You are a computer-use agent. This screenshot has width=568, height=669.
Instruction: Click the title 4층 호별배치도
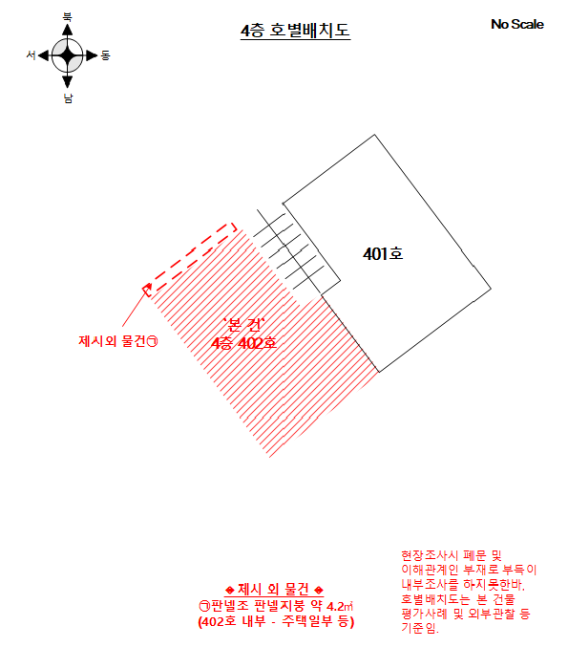(x=295, y=31)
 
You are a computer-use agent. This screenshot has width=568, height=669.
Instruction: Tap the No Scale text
(x=517, y=24)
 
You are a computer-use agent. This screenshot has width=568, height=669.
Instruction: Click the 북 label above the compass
(x=68, y=16)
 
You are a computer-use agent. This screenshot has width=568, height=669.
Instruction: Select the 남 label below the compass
(x=68, y=98)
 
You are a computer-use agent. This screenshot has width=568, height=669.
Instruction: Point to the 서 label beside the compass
(x=32, y=55)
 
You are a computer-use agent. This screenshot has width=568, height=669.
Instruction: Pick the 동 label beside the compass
(x=105, y=55)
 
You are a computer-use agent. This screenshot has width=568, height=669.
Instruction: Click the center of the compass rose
(x=68, y=55)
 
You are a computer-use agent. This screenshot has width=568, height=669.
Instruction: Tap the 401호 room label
(x=383, y=254)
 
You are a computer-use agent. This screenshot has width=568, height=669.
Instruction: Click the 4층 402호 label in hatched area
(x=243, y=343)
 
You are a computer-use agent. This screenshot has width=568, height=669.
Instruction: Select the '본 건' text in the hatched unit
(x=244, y=325)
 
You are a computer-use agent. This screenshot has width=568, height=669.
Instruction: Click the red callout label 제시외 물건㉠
(x=118, y=341)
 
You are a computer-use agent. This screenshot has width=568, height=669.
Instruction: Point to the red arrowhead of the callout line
(x=147, y=288)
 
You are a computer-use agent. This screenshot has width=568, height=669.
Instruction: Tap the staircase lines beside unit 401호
(x=290, y=251)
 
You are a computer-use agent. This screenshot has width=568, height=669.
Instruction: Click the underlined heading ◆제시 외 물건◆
(x=274, y=590)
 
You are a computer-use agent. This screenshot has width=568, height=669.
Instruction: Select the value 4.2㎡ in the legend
(x=340, y=606)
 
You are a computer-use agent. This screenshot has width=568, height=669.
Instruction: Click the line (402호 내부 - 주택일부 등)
(x=276, y=621)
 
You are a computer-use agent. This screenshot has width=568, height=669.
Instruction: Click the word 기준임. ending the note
(x=420, y=628)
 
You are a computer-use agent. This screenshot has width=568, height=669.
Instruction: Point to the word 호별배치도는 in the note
(x=435, y=599)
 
